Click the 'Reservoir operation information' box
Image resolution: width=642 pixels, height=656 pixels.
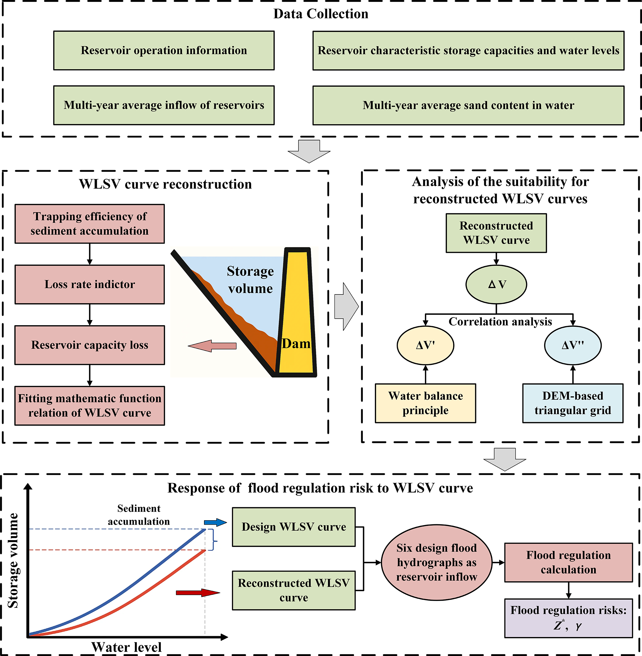pyautogui.click(x=164, y=51)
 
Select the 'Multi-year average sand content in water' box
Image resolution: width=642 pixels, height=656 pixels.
pyautogui.click(x=468, y=105)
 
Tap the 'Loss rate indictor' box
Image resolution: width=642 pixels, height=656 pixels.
pyautogui.click(x=90, y=284)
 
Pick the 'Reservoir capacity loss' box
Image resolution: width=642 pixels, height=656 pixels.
pyautogui.click(x=90, y=345)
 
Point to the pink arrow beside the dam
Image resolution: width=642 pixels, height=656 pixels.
pyautogui.click(x=212, y=346)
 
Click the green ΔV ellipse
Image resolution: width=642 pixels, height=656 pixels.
pyautogui.click(x=496, y=285)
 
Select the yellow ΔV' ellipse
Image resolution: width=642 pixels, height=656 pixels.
pyautogui.click(x=426, y=345)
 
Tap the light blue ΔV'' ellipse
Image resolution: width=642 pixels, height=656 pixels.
pyautogui.click(x=573, y=345)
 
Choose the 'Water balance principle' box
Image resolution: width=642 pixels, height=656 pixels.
pyautogui.click(x=426, y=403)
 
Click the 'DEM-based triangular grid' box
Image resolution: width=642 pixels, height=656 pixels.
pyautogui.click(x=573, y=403)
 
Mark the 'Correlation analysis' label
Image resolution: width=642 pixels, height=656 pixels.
pyautogui.click(x=500, y=322)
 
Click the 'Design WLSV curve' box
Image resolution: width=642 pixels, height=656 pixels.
pyautogui.click(x=294, y=527)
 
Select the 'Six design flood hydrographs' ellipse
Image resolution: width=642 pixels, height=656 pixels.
pyautogui.click(x=437, y=563)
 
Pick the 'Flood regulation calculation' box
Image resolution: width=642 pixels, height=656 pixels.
pyautogui.click(x=568, y=563)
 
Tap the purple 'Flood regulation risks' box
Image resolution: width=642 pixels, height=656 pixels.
pyautogui.click(x=568, y=618)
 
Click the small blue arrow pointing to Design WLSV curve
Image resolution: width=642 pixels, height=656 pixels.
pyautogui.click(x=216, y=522)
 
